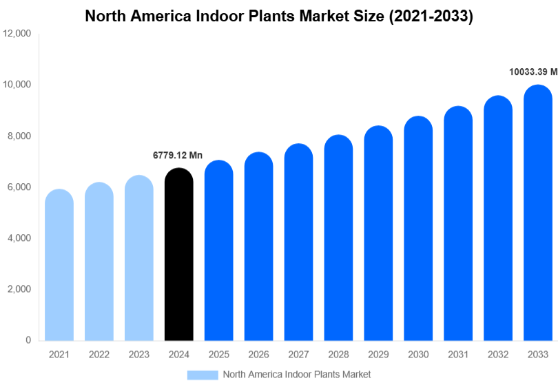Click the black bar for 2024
click(x=179, y=255)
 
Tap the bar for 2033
click(x=538, y=213)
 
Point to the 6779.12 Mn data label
click(x=178, y=156)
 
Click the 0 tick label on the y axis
click(x=28, y=340)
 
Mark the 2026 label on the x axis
click(x=258, y=355)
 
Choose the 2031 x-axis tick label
click(x=458, y=355)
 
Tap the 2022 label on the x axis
click(x=99, y=355)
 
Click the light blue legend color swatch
click(x=203, y=375)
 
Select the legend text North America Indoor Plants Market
click(x=296, y=375)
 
